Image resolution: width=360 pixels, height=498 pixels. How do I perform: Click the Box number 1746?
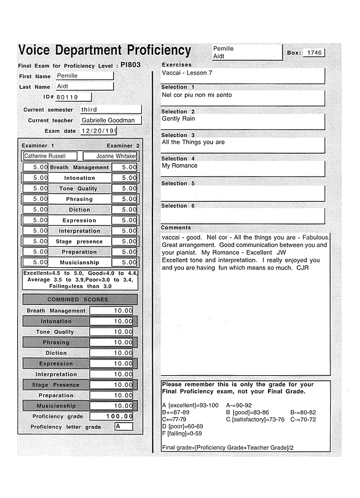[x=314, y=53]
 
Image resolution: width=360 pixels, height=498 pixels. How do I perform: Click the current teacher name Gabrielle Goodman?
[x=109, y=120]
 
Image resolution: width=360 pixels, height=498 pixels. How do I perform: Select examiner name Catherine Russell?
[x=45, y=156]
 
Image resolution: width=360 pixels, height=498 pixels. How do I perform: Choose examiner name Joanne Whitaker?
[x=115, y=156]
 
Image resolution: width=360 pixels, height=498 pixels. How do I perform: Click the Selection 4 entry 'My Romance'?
[x=179, y=165]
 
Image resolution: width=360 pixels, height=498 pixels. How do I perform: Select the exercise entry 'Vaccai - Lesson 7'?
[x=187, y=72]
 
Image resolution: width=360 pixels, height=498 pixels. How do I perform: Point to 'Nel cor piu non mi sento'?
[x=197, y=95]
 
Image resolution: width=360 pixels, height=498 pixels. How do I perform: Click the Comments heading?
[x=176, y=227]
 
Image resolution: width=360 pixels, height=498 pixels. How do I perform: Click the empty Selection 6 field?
[x=242, y=216]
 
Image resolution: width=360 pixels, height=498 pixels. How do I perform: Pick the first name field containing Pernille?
[x=85, y=76]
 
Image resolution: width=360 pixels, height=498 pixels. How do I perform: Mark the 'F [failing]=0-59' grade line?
[x=182, y=434]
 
